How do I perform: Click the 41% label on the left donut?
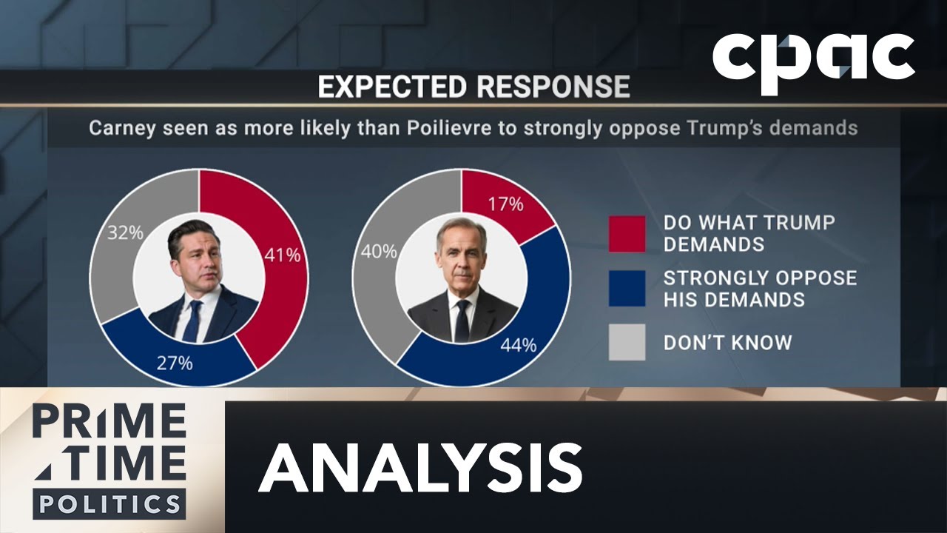[282, 255]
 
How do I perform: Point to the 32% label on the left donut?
[125, 232]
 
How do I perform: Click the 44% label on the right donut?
[518, 345]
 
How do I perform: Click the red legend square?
[627, 234]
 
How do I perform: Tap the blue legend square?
[627, 288]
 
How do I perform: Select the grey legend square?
[627, 342]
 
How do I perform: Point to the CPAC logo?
[814, 64]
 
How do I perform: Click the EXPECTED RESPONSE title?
[473, 87]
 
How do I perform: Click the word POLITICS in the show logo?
[109, 504]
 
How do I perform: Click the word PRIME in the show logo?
[109, 422]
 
